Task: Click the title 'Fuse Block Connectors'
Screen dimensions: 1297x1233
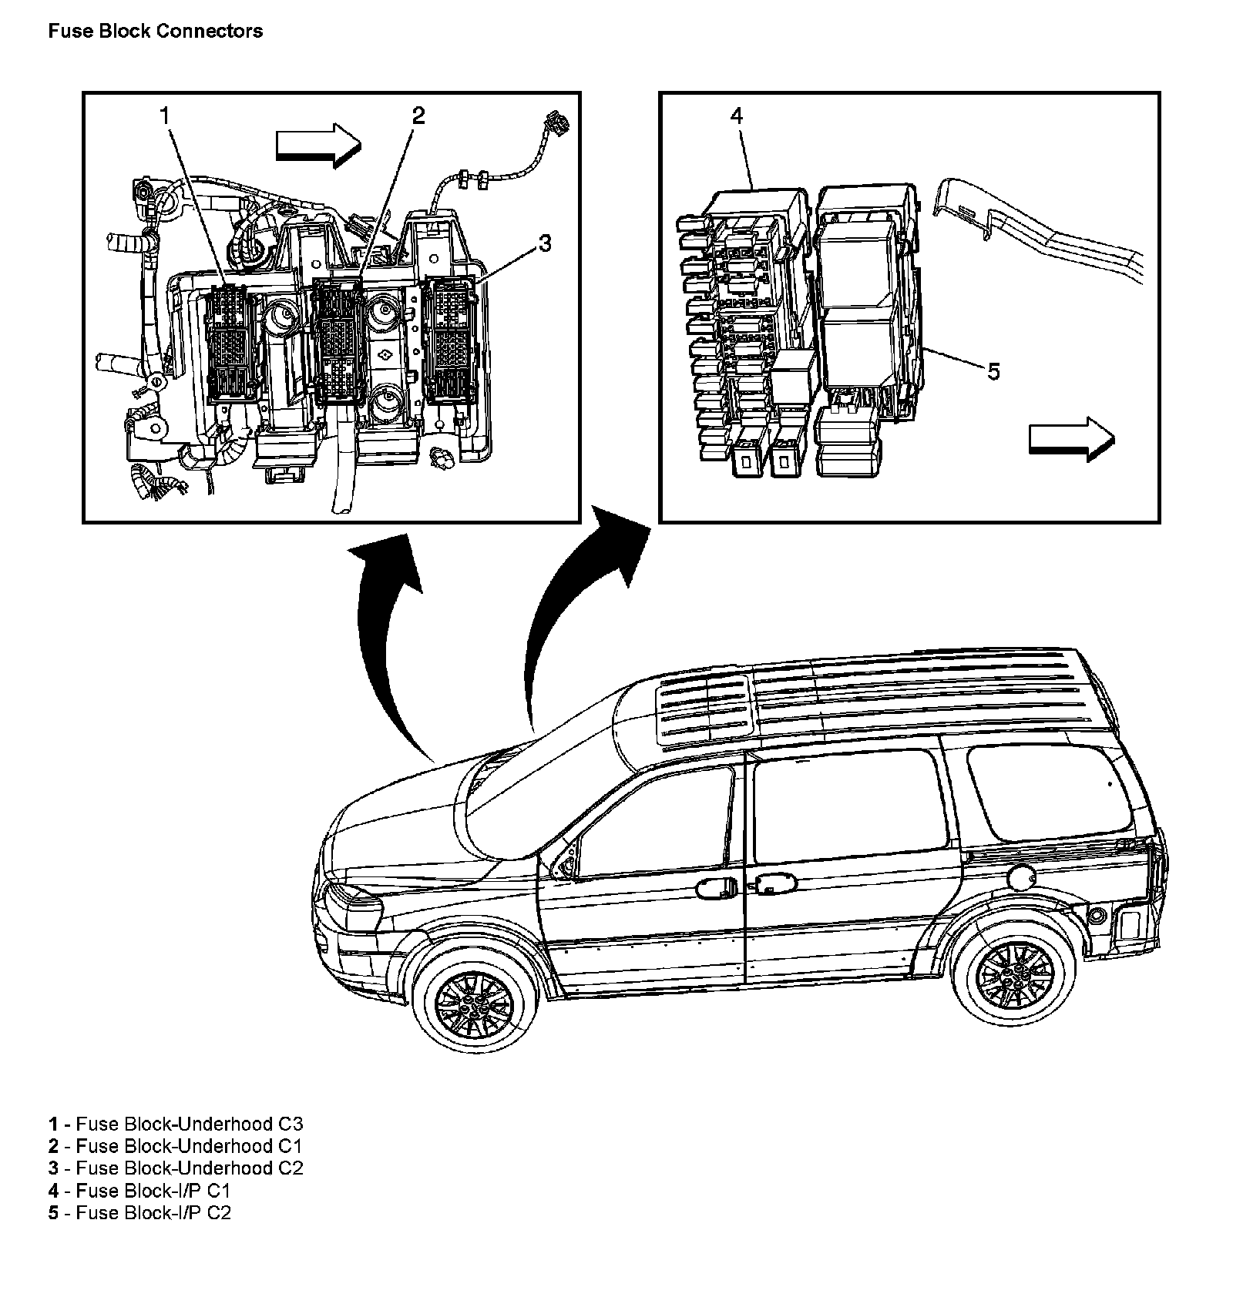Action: [155, 31]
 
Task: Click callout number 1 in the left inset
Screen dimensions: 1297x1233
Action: [164, 116]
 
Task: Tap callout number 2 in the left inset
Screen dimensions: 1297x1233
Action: [418, 116]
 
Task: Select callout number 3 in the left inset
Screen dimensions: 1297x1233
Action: [545, 244]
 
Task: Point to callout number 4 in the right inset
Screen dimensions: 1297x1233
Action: [737, 116]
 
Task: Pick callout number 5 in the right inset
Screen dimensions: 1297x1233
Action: [993, 372]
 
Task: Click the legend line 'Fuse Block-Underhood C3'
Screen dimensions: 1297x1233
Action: [176, 1124]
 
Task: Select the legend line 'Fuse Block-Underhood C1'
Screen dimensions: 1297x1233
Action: [176, 1146]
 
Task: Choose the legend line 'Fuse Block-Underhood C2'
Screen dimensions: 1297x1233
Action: [176, 1168]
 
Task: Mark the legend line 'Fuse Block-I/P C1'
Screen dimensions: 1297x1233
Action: [139, 1191]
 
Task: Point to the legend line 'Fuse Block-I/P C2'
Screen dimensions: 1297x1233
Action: [139, 1213]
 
